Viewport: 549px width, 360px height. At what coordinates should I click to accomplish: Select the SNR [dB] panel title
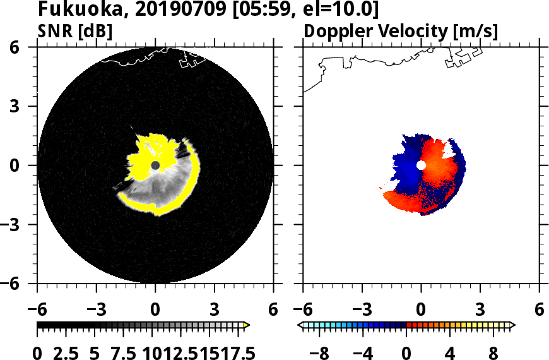point(75,30)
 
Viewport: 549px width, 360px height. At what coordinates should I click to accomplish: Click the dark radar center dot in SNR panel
point(155,165)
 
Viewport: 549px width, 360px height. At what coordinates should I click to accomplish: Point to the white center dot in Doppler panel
point(421,165)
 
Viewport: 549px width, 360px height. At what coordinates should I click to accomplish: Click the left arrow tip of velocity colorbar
point(300,325)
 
